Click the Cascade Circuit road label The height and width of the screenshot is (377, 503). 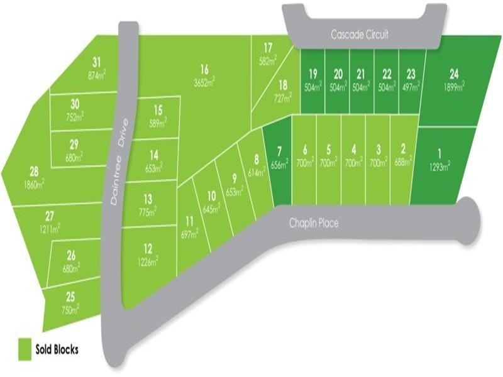click(x=360, y=35)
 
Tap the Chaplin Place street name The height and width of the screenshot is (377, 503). click(x=314, y=223)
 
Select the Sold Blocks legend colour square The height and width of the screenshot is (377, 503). click(x=25, y=349)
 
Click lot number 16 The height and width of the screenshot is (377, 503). click(x=204, y=69)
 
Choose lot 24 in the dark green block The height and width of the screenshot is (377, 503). click(x=454, y=72)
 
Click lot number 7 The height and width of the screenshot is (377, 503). click(x=279, y=151)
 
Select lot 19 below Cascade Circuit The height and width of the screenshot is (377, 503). click(x=313, y=74)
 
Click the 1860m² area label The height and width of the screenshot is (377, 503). click(x=34, y=183)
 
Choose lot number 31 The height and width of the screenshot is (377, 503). click(x=96, y=62)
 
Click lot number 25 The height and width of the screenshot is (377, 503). click(x=70, y=297)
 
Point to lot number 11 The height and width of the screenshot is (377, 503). click(x=189, y=221)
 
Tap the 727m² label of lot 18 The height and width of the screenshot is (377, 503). click(x=283, y=97)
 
